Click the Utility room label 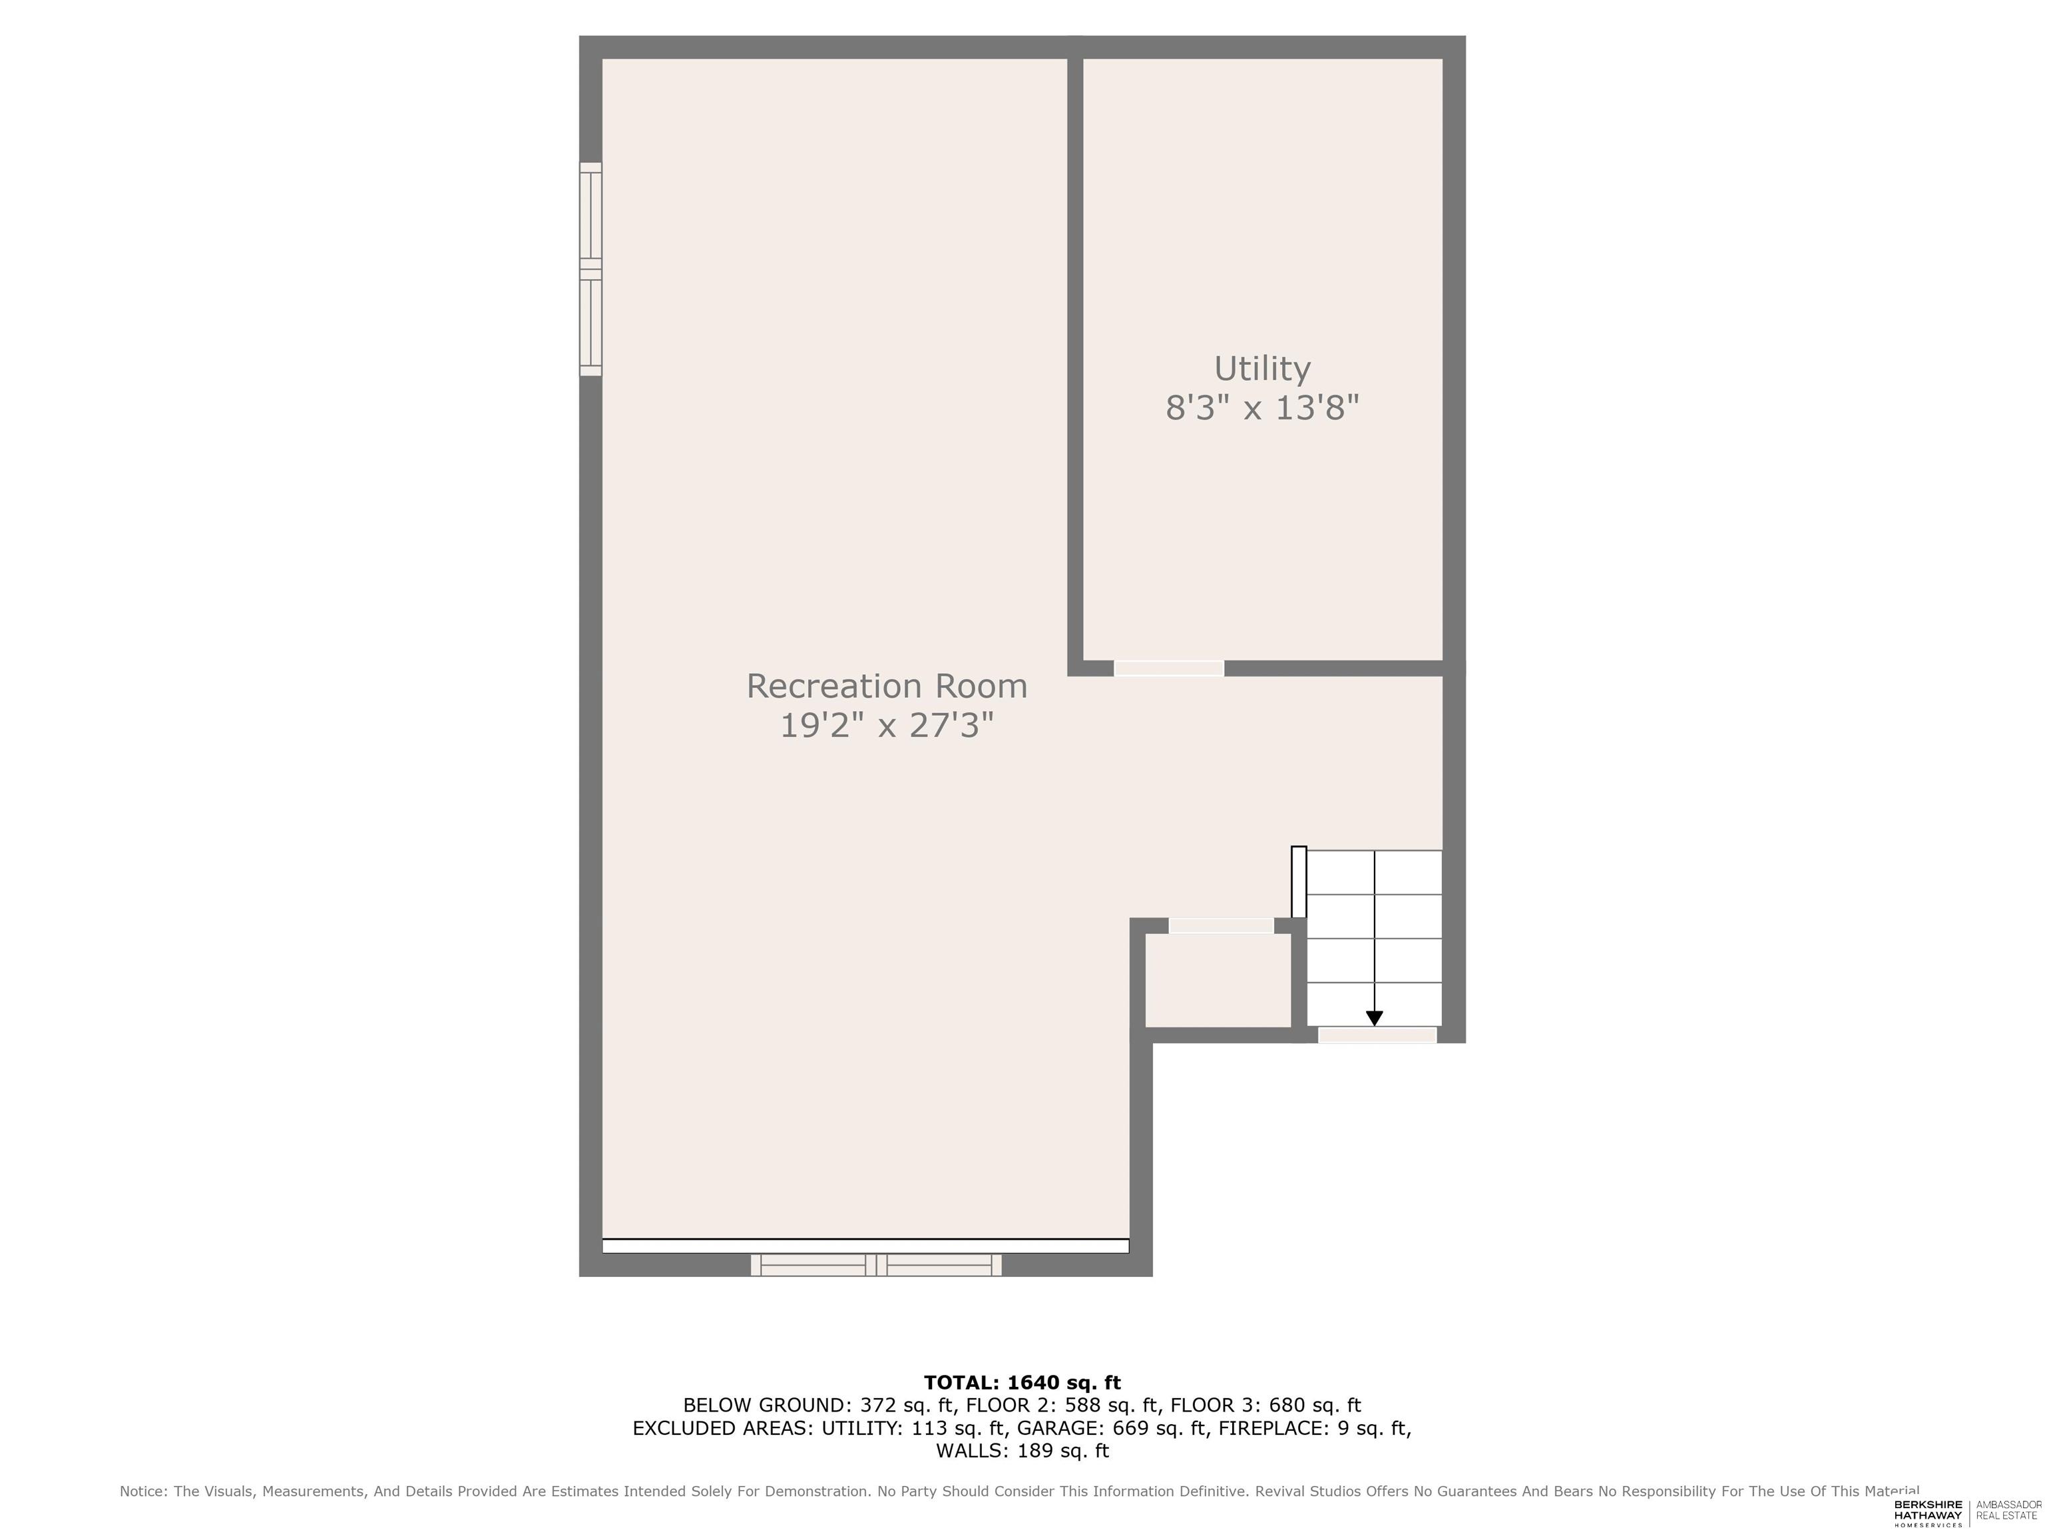pyautogui.click(x=1262, y=368)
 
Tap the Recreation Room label pyautogui.click(x=887, y=686)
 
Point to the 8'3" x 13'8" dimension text pyautogui.click(x=1262, y=407)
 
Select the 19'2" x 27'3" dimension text pyautogui.click(x=887, y=725)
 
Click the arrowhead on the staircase pyautogui.click(x=1374, y=1018)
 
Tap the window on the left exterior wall pyautogui.click(x=590, y=269)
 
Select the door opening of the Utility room pyautogui.click(x=1168, y=668)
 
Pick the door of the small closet pyautogui.click(x=1222, y=925)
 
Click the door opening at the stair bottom pyautogui.click(x=1377, y=1035)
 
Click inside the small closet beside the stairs pyautogui.click(x=1218, y=980)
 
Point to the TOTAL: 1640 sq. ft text pyautogui.click(x=1022, y=1382)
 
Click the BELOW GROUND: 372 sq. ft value pyautogui.click(x=818, y=1406)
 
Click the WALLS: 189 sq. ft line pyautogui.click(x=1022, y=1451)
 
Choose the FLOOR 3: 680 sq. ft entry pyautogui.click(x=1265, y=1406)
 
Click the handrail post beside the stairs pyautogui.click(x=1298, y=882)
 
